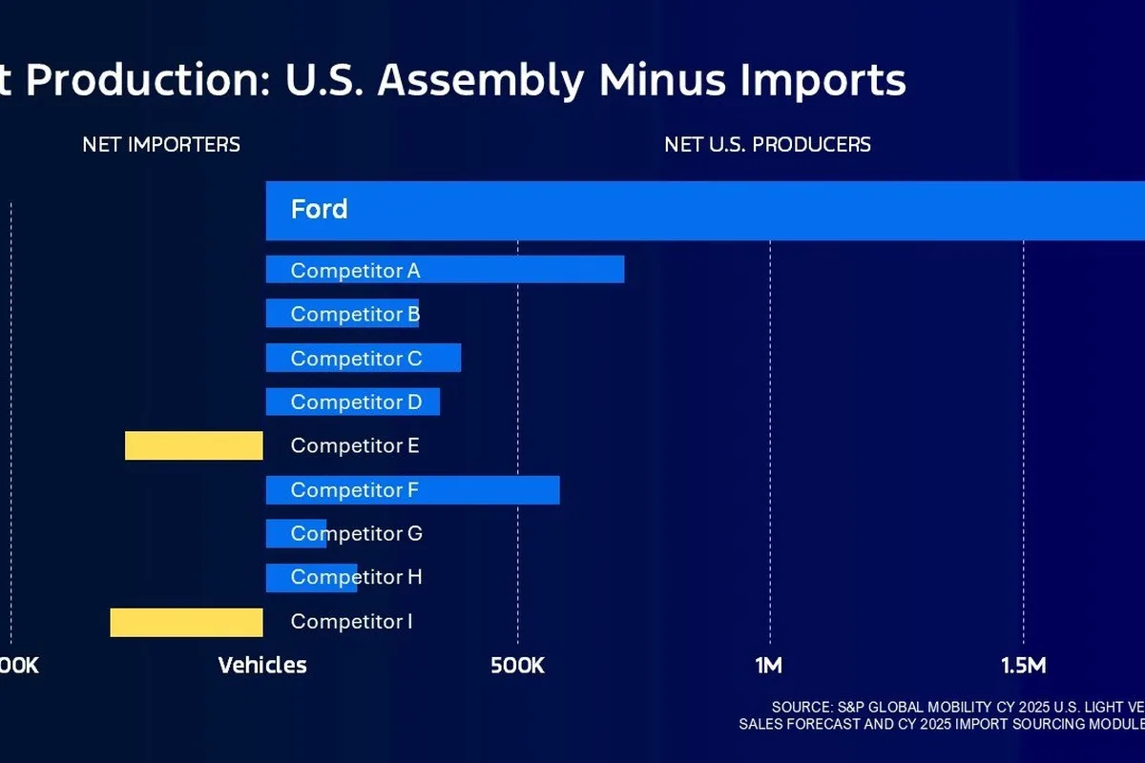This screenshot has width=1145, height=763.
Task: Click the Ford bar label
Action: click(319, 210)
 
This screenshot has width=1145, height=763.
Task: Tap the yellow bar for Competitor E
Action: click(194, 445)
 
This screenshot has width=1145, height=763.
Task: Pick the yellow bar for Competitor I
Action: click(186, 622)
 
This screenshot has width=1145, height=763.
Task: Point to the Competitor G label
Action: click(356, 533)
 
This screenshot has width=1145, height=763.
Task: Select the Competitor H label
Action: click(356, 577)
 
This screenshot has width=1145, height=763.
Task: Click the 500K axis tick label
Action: click(517, 665)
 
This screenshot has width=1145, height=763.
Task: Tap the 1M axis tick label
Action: click(769, 665)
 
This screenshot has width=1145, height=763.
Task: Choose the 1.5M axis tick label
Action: click(1024, 665)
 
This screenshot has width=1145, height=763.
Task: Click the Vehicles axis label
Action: click(262, 665)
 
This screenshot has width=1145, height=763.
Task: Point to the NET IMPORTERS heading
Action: click(161, 145)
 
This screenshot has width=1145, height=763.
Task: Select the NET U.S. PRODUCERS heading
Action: click(767, 145)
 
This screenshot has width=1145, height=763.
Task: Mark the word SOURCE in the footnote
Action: click(801, 707)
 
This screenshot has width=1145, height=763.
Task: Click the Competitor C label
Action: click(356, 359)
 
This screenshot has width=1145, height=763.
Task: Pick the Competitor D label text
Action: click(356, 402)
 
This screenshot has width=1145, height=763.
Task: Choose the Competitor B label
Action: click(355, 314)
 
